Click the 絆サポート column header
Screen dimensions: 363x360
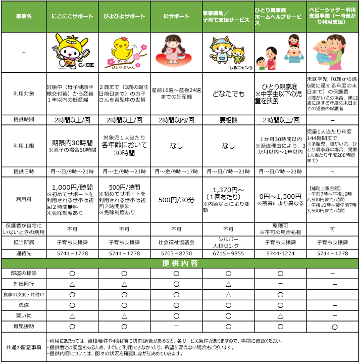176,17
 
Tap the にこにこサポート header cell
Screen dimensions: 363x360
72,17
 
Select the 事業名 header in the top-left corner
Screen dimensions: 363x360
24,17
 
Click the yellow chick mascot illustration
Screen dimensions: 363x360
123,51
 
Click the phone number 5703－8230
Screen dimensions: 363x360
176,253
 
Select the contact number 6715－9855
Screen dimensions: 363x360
228,253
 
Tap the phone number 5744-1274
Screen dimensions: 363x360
280,253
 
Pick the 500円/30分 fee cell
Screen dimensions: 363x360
176,199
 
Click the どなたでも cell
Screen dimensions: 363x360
228,93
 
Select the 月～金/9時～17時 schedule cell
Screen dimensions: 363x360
176,172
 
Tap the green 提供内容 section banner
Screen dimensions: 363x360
180,264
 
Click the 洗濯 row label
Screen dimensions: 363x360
24,305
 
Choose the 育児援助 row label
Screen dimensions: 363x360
24,327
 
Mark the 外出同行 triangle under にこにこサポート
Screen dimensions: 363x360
72,284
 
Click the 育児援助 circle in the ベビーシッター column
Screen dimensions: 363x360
333,327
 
